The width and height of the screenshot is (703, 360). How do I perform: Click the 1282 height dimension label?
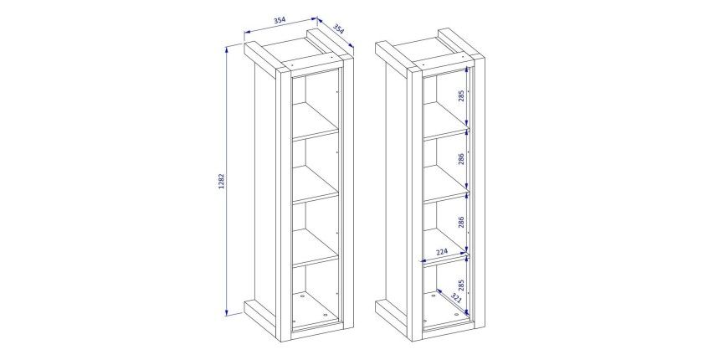point(221,181)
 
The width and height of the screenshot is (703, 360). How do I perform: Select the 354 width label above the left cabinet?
point(280,20)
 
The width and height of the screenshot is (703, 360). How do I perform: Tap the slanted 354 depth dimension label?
point(339,29)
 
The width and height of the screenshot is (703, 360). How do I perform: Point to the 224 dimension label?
point(442,252)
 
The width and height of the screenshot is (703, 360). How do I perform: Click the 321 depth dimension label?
point(455,297)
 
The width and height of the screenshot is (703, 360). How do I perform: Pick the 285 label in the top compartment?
point(461,95)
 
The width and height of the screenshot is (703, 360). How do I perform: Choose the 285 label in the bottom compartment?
point(461,285)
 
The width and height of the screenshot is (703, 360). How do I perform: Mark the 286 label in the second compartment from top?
point(461,158)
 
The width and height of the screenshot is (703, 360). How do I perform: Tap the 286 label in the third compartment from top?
point(461,222)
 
